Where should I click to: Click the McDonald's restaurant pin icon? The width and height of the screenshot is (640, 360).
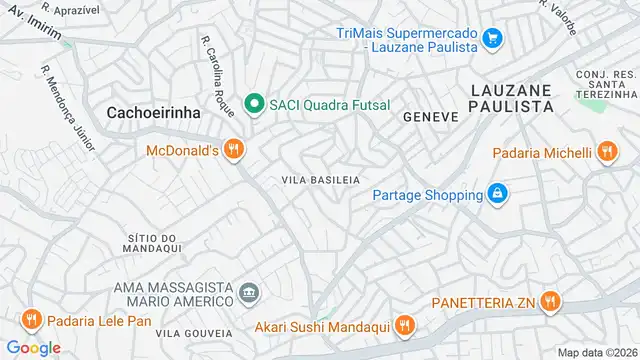pyautogui.click(x=232, y=150)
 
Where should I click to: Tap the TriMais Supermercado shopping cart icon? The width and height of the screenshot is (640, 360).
pyautogui.click(x=491, y=39)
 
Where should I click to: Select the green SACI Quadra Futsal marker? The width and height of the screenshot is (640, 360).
pyautogui.click(x=254, y=102)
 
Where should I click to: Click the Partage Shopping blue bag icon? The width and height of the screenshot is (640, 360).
pyautogui.click(x=497, y=193)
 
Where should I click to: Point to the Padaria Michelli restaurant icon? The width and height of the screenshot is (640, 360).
pyautogui.click(x=605, y=152)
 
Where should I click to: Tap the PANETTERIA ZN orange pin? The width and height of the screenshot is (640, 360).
pyautogui.click(x=550, y=301)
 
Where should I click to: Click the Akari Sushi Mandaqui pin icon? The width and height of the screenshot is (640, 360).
pyautogui.click(x=404, y=325)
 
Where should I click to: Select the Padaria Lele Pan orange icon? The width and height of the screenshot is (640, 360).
pyautogui.click(x=31, y=320)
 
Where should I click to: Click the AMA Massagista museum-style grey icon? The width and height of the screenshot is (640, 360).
pyautogui.click(x=249, y=295)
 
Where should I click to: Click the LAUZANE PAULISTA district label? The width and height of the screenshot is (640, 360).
pyautogui.click(x=511, y=97)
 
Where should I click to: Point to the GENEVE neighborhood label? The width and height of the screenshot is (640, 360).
pyautogui.click(x=430, y=116)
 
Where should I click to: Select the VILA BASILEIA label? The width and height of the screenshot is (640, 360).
pyautogui.click(x=320, y=180)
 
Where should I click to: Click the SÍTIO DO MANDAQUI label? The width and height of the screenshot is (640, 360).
pyautogui.click(x=153, y=247)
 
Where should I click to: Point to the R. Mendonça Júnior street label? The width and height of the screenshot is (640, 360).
pyautogui.click(x=67, y=109)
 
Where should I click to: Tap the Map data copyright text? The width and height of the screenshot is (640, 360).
pyautogui.click(x=597, y=352)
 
